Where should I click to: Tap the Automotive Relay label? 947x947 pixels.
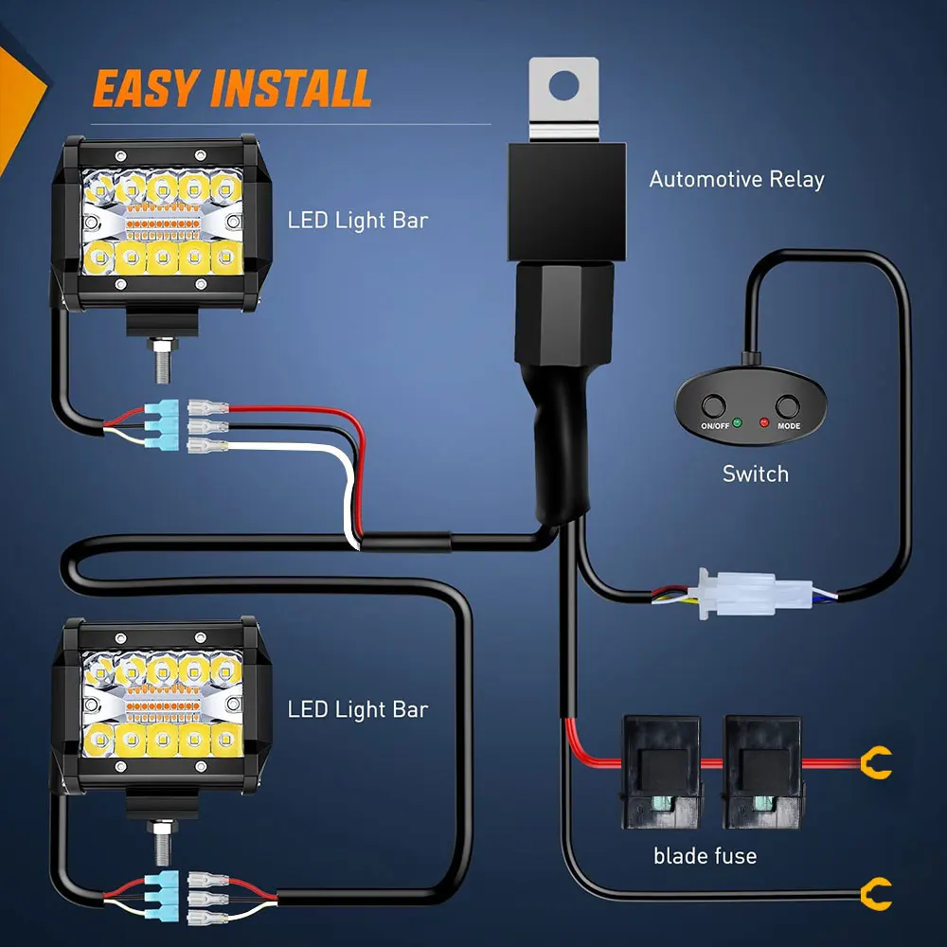click(737, 179)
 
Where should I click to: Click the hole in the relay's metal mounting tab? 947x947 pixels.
click(564, 85)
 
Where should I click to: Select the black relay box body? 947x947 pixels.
click(567, 202)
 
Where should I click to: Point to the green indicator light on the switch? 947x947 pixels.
click(737, 422)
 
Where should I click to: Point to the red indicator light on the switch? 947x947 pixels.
click(764, 422)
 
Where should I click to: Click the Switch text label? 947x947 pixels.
click(756, 474)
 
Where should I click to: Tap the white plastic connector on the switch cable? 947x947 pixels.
click(756, 593)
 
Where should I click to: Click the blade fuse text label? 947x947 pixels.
click(705, 856)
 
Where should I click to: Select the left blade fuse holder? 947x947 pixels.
click(663, 772)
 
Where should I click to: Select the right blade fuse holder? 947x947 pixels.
click(764, 772)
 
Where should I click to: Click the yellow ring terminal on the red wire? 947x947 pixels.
click(876, 762)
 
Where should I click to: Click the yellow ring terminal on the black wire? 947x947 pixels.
click(876, 894)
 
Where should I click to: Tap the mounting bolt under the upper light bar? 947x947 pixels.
click(162, 361)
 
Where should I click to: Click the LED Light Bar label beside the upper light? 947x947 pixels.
click(358, 221)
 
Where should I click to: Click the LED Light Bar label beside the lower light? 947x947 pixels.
click(358, 709)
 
